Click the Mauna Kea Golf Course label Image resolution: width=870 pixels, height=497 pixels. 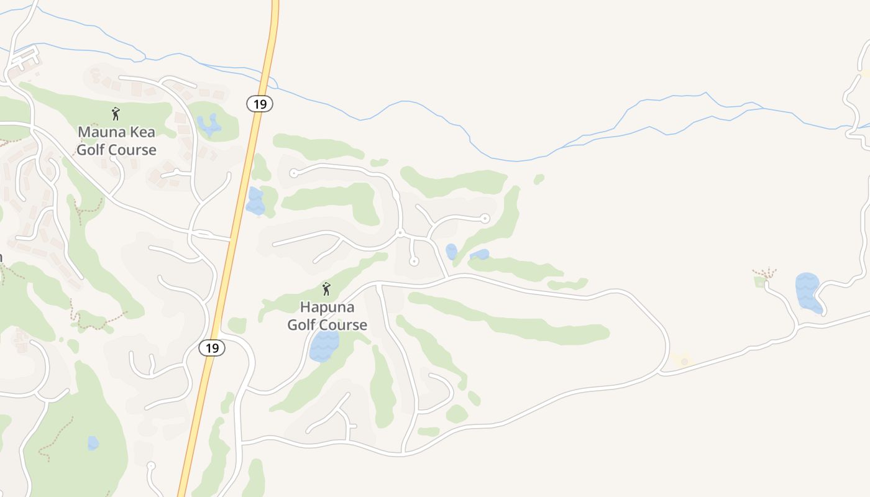(116, 141)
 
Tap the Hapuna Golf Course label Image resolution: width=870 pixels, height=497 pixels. (327, 316)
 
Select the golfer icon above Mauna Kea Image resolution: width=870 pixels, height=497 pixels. (116, 114)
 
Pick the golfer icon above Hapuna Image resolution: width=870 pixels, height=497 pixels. (326, 289)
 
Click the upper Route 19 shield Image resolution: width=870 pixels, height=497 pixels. (260, 104)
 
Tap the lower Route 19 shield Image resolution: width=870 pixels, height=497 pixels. (212, 348)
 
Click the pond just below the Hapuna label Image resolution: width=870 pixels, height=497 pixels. (324, 346)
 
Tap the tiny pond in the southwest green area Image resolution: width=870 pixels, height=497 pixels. (93, 443)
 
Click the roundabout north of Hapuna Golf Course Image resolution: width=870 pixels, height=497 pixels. (400, 233)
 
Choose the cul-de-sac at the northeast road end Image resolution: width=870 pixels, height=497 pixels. (485, 218)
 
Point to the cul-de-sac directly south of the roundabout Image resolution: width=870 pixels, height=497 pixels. (414, 262)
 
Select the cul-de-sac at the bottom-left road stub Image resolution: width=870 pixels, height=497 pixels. (150, 465)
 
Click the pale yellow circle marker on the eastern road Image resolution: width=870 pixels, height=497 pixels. (684, 361)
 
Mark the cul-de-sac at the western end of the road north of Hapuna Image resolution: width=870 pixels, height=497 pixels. (293, 173)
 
